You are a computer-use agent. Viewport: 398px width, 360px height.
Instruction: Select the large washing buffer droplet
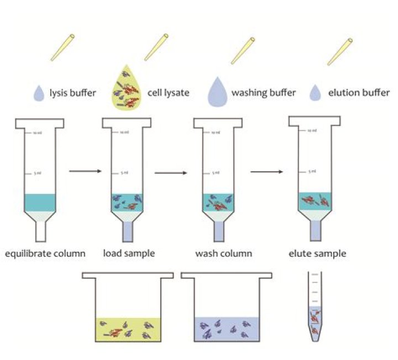[218, 91]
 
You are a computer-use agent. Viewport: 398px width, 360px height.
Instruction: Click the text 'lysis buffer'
[74, 93]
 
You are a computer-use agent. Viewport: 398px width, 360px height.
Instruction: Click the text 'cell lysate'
[169, 93]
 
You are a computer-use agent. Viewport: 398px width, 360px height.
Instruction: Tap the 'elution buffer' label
[358, 93]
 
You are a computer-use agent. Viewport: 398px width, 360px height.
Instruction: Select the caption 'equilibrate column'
[45, 254]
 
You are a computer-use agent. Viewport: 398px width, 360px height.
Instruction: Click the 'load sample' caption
[129, 254]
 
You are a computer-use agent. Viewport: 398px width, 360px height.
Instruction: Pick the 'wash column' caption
[223, 254]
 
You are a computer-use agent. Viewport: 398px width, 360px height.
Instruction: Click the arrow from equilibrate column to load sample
[85, 172]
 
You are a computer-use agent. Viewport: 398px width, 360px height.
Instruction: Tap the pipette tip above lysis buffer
[62, 47]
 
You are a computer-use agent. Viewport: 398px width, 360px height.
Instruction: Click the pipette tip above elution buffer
[340, 50]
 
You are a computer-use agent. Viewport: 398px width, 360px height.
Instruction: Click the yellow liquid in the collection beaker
[128, 329]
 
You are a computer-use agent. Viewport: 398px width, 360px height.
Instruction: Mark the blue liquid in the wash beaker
[226, 329]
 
